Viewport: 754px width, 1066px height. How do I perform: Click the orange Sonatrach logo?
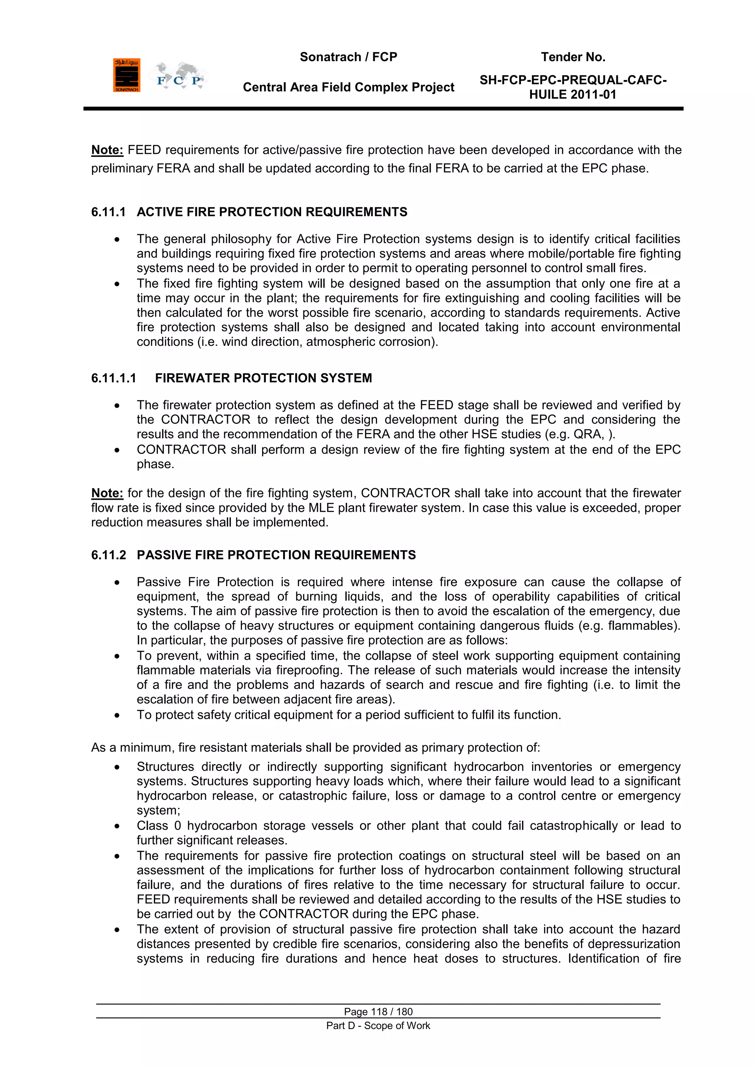(x=126, y=75)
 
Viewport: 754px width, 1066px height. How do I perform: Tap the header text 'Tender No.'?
(x=572, y=57)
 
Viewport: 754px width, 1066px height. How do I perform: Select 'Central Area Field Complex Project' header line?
(x=348, y=87)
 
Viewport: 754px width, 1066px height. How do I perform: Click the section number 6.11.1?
(x=108, y=212)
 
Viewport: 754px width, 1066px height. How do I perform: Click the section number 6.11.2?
(x=108, y=555)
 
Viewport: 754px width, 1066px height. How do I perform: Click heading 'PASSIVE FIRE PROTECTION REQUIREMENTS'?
(x=276, y=555)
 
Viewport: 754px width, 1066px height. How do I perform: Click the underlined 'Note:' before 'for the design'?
(x=107, y=493)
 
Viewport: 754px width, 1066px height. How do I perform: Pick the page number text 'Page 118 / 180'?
(x=378, y=1012)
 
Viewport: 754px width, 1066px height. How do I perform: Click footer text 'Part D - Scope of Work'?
(x=378, y=1025)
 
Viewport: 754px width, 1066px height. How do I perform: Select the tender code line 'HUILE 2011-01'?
(x=572, y=95)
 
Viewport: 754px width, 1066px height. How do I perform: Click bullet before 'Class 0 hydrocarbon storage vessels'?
(x=117, y=826)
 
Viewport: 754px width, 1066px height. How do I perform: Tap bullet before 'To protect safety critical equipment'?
(x=117, y=715)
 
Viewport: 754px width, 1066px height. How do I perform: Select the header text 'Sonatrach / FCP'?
(x=348, y=57)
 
